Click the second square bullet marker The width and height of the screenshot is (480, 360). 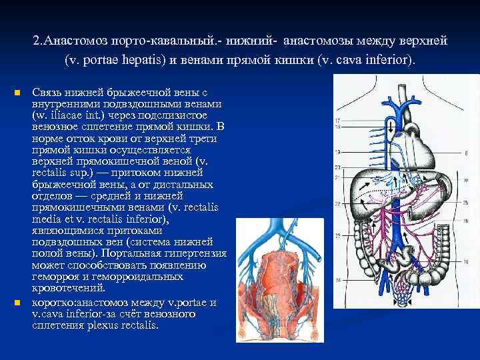tap(17, 303)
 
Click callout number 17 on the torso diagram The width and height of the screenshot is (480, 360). tap(338, 120)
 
